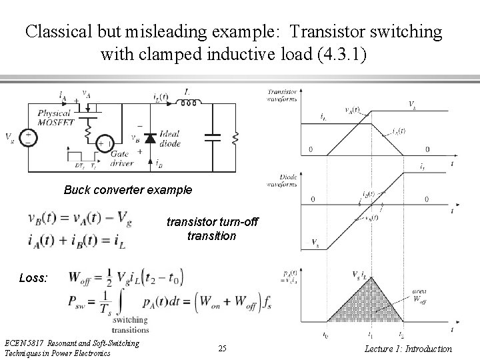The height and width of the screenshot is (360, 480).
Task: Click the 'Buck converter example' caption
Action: pyautogui.click(x=128, y=190)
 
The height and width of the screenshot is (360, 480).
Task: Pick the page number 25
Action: pyautogui.click(x=222, y=349)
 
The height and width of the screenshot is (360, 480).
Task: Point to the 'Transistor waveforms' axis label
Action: pyautogui.click(x=283, y=95)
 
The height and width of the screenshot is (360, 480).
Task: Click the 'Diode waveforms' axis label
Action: pyautogui.click(x=282, y=179)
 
